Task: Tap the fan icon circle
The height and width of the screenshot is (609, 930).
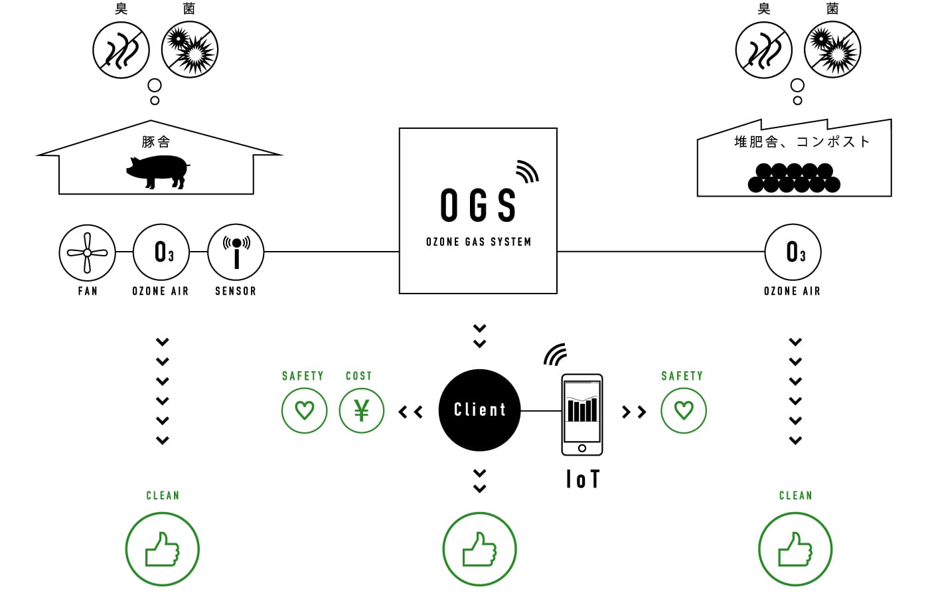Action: [x=87, y=252]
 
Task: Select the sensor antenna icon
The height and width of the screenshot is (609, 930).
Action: [x=236, y=252]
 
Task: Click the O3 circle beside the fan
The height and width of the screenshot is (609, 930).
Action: [x=161, y=252]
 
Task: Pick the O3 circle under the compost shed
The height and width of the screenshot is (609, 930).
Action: [x=793, y=252]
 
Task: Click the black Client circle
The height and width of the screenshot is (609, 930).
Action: [x=479, y=410]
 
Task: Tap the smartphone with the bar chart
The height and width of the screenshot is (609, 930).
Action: [x=582, y=414]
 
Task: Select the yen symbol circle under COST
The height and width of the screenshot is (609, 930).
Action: [x=362, y=410]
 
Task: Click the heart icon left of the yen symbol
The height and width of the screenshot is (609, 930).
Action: [x=304, y=410]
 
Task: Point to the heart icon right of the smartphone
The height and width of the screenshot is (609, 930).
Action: [x=684, y=410]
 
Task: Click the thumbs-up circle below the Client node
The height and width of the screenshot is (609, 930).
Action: [x=479, y=549]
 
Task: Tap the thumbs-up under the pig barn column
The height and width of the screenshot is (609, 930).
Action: [x=163, y=549]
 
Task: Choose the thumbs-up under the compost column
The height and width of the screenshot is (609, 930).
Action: [x=795, y=549]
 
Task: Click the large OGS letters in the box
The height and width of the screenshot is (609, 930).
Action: [x=479, y=205]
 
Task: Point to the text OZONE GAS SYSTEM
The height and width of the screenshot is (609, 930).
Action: [x=479, y=242]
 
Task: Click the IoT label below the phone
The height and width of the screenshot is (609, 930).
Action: [x=583, y=479]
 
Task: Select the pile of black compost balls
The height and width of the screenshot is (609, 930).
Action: [x=794, y=178]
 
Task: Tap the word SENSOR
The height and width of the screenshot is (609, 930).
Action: [x=236, y=291]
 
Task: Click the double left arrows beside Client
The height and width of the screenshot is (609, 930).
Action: [x=411, y=412]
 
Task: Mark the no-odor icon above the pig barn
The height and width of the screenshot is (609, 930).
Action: [x=121, y=50]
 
